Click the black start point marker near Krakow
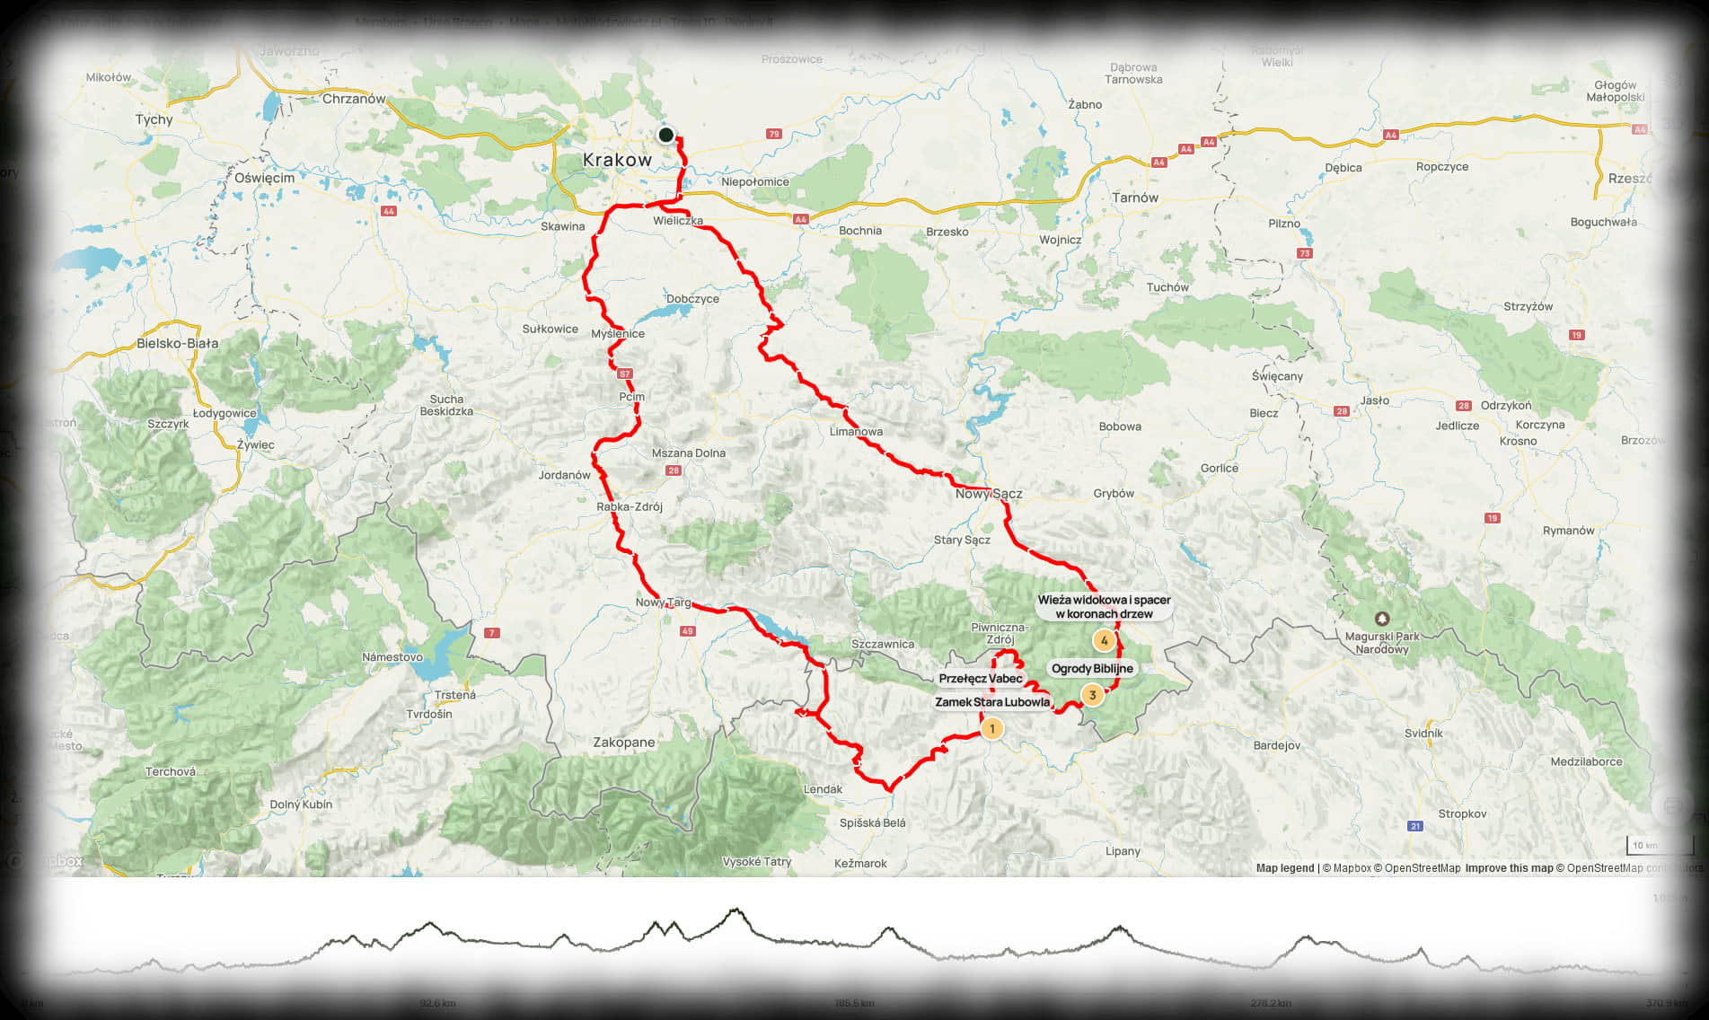(665, 135)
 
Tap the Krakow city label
(617, 160)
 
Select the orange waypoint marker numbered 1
(991, 728)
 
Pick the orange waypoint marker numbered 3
(1092, 695)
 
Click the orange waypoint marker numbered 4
(1104, 640)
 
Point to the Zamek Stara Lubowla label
(992, 702)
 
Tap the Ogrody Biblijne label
(1092, 668)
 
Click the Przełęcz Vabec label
(981, 678)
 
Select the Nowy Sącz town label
(989, 493)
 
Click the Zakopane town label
(623, 743)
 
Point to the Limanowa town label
(856, 432)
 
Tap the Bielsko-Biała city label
(177, 343)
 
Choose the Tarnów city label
(1134, 198)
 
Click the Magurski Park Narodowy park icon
(1382, 619)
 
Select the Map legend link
(1284, 868)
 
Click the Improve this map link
(1509, 868)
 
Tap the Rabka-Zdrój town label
(630, 506)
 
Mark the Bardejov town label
(1276, 745)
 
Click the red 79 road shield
(774, 135)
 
